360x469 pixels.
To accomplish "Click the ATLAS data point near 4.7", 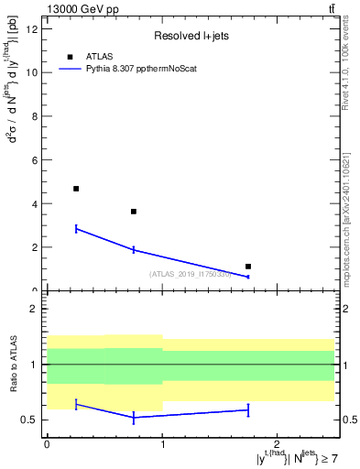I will [76, 189].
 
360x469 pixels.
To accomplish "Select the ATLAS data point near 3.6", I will [134, 212].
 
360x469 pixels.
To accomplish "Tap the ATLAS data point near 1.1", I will [248, 267].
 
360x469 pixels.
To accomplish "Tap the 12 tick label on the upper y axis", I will [32, 28].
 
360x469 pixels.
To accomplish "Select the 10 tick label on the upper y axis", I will [32, 72].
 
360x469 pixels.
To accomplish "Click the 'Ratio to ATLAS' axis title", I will [13, 365].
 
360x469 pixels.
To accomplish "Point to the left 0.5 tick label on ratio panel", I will [30, 420].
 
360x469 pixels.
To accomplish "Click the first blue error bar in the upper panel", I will [76, 228].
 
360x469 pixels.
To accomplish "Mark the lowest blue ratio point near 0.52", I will [134, 418].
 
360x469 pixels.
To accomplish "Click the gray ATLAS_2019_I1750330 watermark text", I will [190, 274].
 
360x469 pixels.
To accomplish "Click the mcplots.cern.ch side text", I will [348, 220].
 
